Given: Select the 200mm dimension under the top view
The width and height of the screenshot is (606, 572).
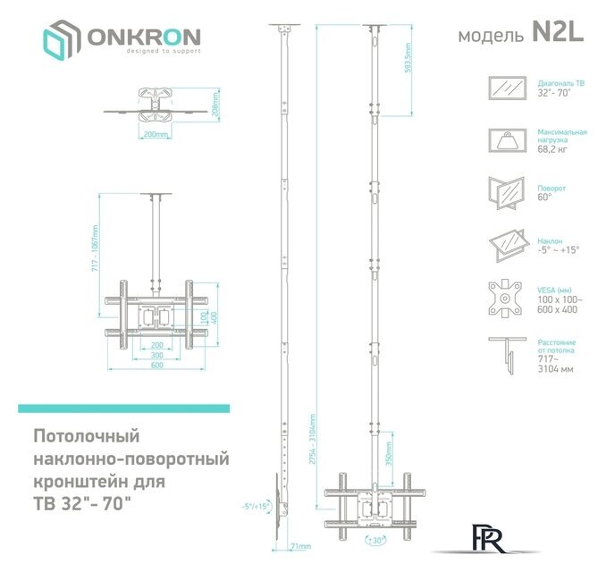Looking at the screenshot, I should [156, 134].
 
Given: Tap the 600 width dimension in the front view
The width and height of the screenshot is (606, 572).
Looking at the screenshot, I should [156, 365].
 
